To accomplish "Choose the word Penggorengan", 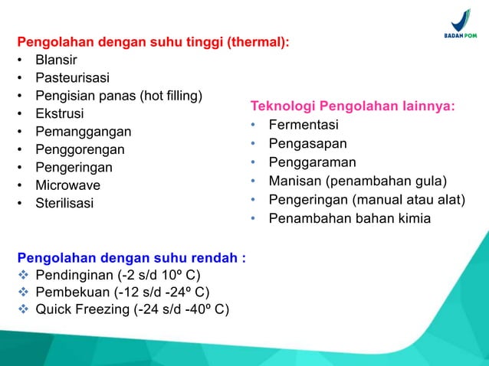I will click(x=80, y=149).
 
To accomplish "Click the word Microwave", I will click(x=67, y=185).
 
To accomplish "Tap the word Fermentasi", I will click(x=304, y=125).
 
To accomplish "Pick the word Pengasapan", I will click(x=307, y=143).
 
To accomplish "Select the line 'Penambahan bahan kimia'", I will click(x=350, y=219).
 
